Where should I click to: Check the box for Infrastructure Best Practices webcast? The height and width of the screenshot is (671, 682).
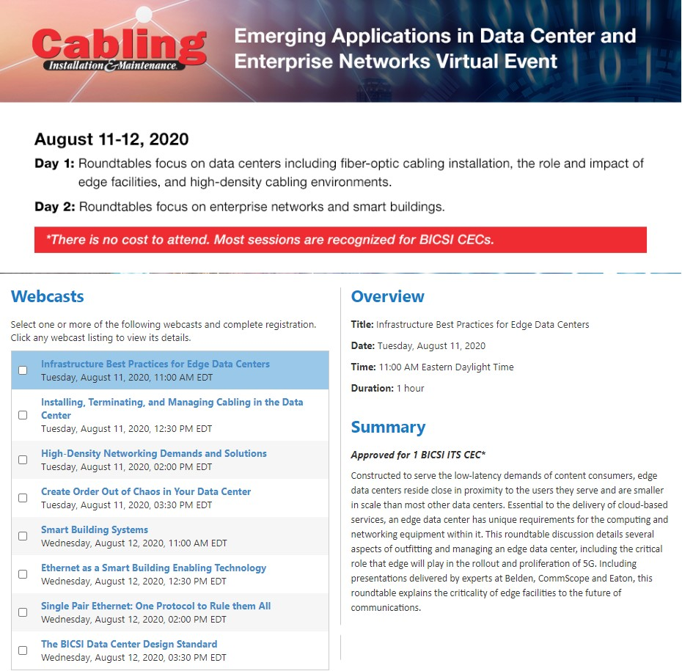click(23, 370)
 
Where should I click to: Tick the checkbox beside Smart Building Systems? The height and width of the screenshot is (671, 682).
click(23, 536)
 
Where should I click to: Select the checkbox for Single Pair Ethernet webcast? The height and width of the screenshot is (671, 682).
click(23, 612)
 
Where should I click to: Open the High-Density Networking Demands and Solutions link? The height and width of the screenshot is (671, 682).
click(154, 453)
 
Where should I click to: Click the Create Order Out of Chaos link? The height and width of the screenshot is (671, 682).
click(146, 491)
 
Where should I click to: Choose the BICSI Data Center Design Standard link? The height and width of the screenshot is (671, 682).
click(129, 644)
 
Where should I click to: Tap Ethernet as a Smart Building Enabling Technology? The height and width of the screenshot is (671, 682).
click(153, 568)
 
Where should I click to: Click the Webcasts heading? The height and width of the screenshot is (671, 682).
click(48, 296)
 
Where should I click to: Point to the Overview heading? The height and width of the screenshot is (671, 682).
click(387, 296)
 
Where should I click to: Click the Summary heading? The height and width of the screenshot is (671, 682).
click(388, 427)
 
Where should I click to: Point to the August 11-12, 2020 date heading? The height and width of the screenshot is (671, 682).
click(111, 139)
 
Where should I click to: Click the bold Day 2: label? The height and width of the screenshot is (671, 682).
click(55, 207)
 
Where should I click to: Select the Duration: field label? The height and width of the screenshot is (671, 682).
click(372, 388)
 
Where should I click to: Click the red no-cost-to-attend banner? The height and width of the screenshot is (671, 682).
click(340, 240)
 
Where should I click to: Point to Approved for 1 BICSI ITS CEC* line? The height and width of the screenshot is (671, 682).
click(418, 455)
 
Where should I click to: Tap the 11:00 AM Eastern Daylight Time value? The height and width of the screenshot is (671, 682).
click(446, 367)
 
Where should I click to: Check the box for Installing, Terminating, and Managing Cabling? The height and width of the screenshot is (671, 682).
click(23, 415)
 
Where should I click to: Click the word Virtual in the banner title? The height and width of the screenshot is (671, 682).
click(473, 60)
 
